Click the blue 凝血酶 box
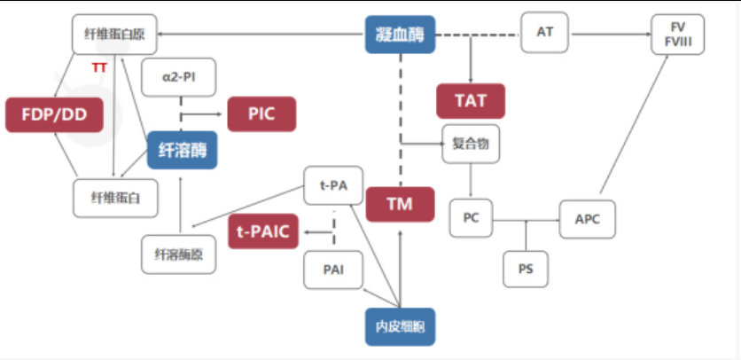pos(401,36)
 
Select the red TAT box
pos(470,100)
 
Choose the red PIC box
pos(261,114)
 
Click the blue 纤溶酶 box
pos(182,149)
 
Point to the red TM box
pos(401,204)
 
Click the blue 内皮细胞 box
pos(401,325)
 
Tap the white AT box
pos(544,32)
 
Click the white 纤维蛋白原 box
pos(114,35)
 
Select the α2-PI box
pos(179,77)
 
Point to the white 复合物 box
pos(470,143)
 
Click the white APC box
pos(587,219)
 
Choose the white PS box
pos(526,269)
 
